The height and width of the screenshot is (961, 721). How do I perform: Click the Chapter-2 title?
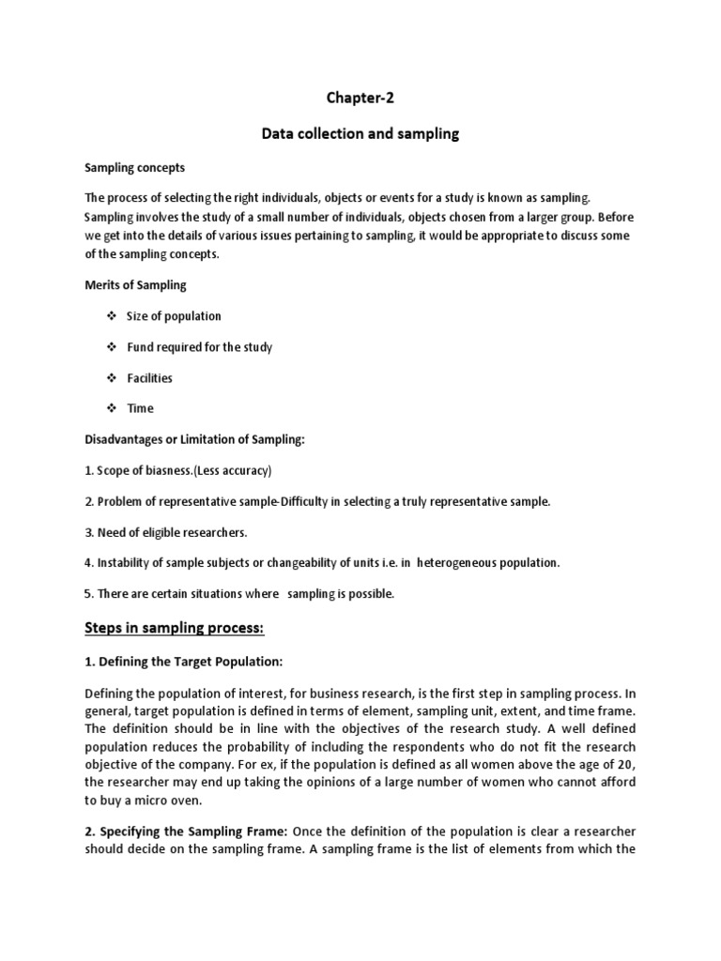[x=360, y=98]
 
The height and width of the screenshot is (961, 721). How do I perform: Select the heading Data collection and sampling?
[x=360, y=133]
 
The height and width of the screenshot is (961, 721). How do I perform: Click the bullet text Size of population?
[x=174, y=316]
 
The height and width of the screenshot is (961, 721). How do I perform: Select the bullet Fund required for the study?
[x=199, y=347]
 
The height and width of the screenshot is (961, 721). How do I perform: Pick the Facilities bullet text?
[x=150, y=378]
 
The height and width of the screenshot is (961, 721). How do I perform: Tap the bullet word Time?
[x=140, y=408]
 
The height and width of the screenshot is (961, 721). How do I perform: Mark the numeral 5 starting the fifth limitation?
[x=87, y=594]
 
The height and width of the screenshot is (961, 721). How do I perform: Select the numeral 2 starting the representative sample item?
[x=87, y=501]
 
